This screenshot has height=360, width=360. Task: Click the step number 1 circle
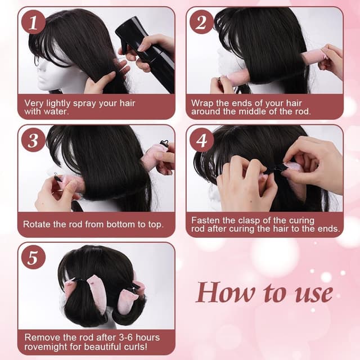[x=33, y=22]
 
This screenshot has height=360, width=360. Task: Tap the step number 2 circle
[x=201, y=22]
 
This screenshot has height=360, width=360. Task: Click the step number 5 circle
[x=33, y=258]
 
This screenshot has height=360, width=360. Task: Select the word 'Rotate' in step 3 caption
[x=37, y=224]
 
